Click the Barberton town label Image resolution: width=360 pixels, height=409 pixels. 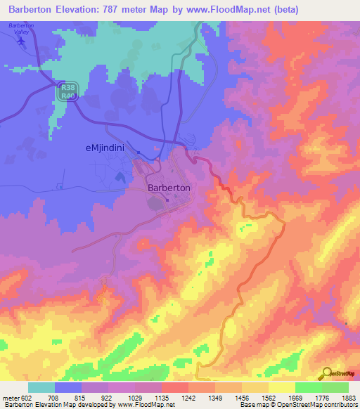point(169,188)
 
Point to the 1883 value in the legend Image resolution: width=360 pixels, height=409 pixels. point(349,397)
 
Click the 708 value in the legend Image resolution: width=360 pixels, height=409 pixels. point(51,397)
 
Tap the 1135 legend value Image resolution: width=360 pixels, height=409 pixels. point(162,397)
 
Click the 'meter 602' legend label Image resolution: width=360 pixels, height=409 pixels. point(15,397)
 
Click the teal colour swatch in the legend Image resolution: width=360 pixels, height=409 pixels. point(41,387)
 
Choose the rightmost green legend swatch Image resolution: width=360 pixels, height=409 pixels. point(335,387)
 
